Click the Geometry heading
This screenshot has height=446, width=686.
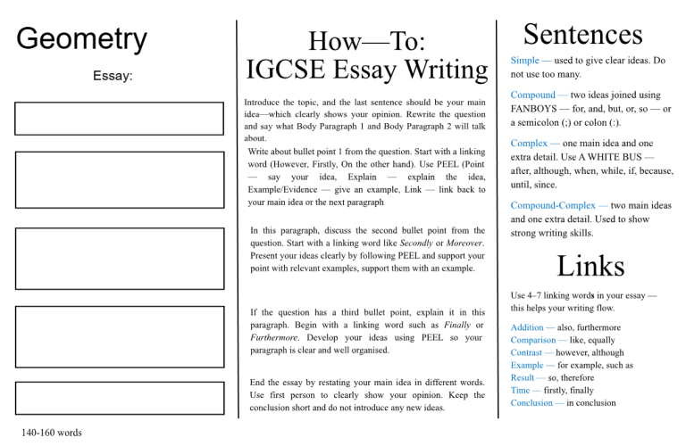click(x=82, y=39)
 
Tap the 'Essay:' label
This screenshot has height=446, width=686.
click(x=113, y=77)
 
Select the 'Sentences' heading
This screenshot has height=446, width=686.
click(x=582, y=34)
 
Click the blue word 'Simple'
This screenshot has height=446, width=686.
click(x=524, y=60)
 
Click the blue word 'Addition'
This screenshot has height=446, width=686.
click(x=532, y=328)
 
